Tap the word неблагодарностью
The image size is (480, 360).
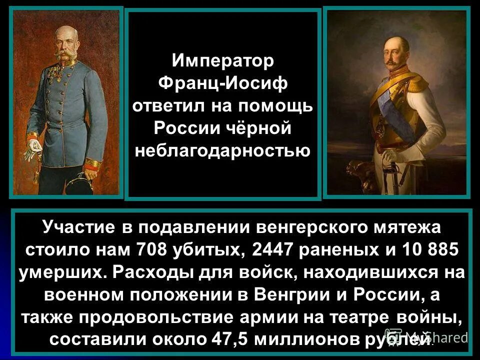coord(223,149)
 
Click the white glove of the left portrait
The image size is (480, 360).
coord(33,145)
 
